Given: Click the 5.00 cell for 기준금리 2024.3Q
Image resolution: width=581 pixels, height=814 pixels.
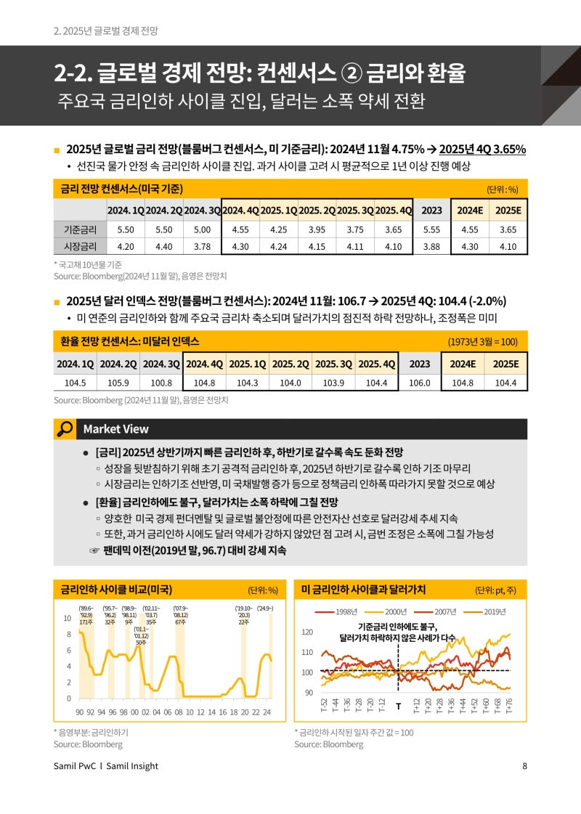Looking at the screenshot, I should [202, 229].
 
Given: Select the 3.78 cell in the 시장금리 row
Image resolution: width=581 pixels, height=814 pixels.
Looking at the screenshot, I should [202, 246].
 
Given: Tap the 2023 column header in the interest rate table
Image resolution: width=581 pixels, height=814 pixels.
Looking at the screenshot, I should [431, 210].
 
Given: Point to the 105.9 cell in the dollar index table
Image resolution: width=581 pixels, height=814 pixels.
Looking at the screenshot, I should [118, 383].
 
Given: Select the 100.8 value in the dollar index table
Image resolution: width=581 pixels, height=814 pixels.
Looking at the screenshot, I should [161, 383].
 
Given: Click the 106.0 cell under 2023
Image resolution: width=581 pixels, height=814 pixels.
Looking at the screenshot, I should [420, 383].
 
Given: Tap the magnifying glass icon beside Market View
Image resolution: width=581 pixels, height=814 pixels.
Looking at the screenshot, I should [65, 429].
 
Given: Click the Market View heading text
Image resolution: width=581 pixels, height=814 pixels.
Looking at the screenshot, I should [116, 429].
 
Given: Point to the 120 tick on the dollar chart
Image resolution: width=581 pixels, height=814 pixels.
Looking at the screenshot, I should [306, 632].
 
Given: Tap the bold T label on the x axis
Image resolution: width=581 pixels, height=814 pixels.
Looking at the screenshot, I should [398, 706].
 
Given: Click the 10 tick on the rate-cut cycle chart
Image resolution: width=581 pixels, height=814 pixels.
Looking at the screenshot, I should [67, 619].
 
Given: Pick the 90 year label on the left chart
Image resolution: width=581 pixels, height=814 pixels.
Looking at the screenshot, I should [80, 712].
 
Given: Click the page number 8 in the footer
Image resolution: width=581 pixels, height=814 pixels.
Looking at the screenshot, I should [524, 766].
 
